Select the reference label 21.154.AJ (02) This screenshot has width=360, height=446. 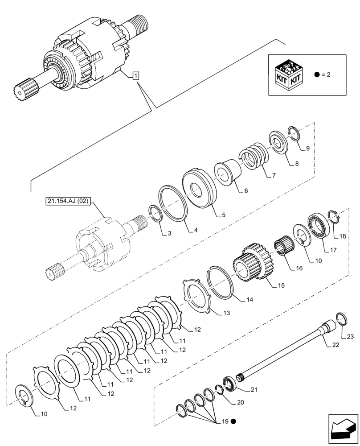point(68,202)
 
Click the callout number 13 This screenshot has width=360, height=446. point(226,314)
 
